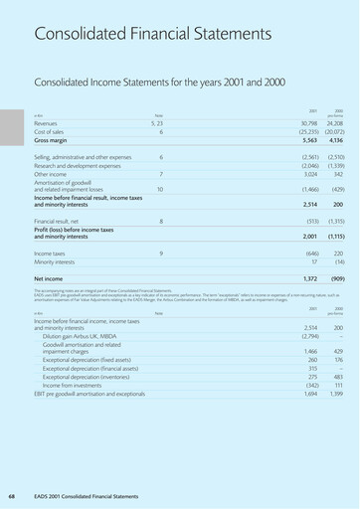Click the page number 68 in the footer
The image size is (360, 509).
[x=11, y=495]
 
